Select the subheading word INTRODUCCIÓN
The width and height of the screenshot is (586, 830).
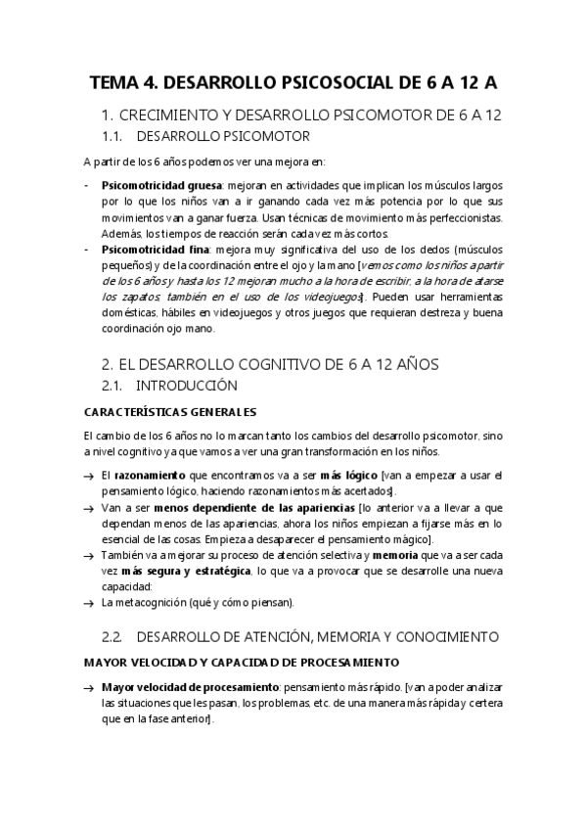click(x=187, y=386)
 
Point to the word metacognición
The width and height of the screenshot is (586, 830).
click(x=157, y=602)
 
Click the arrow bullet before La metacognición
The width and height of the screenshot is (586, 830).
click(x=90, y=602)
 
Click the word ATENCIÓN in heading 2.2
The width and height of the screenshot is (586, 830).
click(x=292, y=637)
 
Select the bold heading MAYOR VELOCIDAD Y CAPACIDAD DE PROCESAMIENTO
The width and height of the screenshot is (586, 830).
click(x=241, y=663)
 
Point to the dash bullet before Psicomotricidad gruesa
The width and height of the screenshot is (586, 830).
click(x=88, y=183)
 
